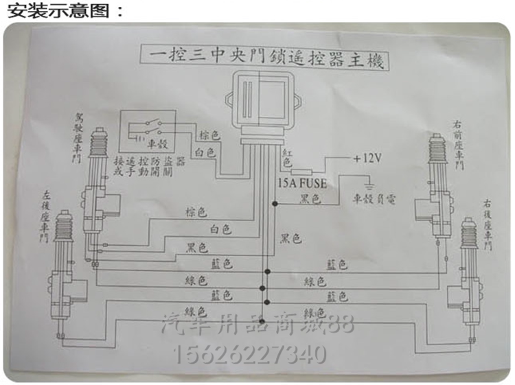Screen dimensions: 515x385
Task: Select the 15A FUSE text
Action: click(x=302, y=183)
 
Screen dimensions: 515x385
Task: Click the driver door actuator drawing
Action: click(x=99, y=185)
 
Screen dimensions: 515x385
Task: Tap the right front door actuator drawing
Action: click(x=437, y=185)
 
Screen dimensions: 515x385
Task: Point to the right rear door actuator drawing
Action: click(x=467, y=275)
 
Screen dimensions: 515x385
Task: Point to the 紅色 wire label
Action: click(x=287, y=157)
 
